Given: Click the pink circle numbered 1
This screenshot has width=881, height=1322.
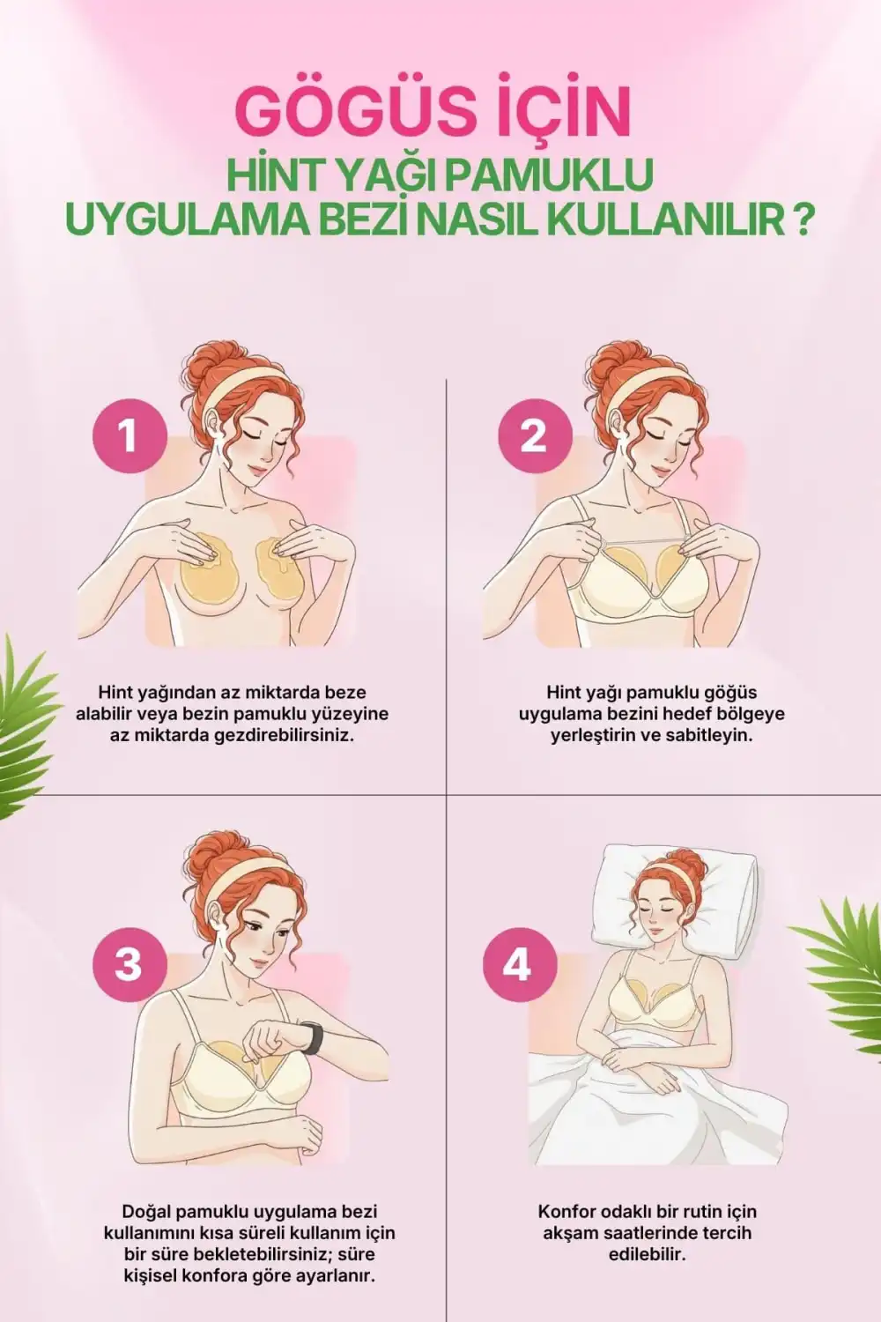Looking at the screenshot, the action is pos(128,436).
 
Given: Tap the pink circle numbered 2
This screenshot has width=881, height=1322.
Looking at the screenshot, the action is pos(536,436).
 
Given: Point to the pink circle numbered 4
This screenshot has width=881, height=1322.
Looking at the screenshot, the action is pos(519,966).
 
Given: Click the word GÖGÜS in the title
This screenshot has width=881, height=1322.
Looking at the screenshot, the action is pos(359,112).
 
